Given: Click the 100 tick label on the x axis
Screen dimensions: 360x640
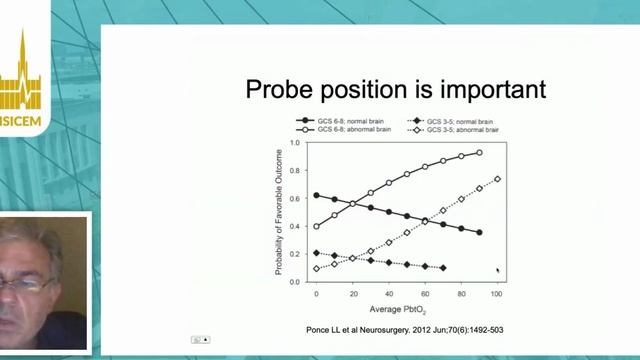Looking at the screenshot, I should (x=497, y=293).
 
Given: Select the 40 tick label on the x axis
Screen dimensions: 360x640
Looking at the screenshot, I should (x=389, y=293).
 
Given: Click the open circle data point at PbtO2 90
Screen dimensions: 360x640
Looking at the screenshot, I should (x=479, y=153).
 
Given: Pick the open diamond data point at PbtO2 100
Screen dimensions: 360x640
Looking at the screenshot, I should (x=497, y=179).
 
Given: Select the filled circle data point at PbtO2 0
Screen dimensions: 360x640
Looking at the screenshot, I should (x=317, y=195).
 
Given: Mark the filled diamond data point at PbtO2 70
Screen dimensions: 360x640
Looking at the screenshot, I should (x=443, y=268).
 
